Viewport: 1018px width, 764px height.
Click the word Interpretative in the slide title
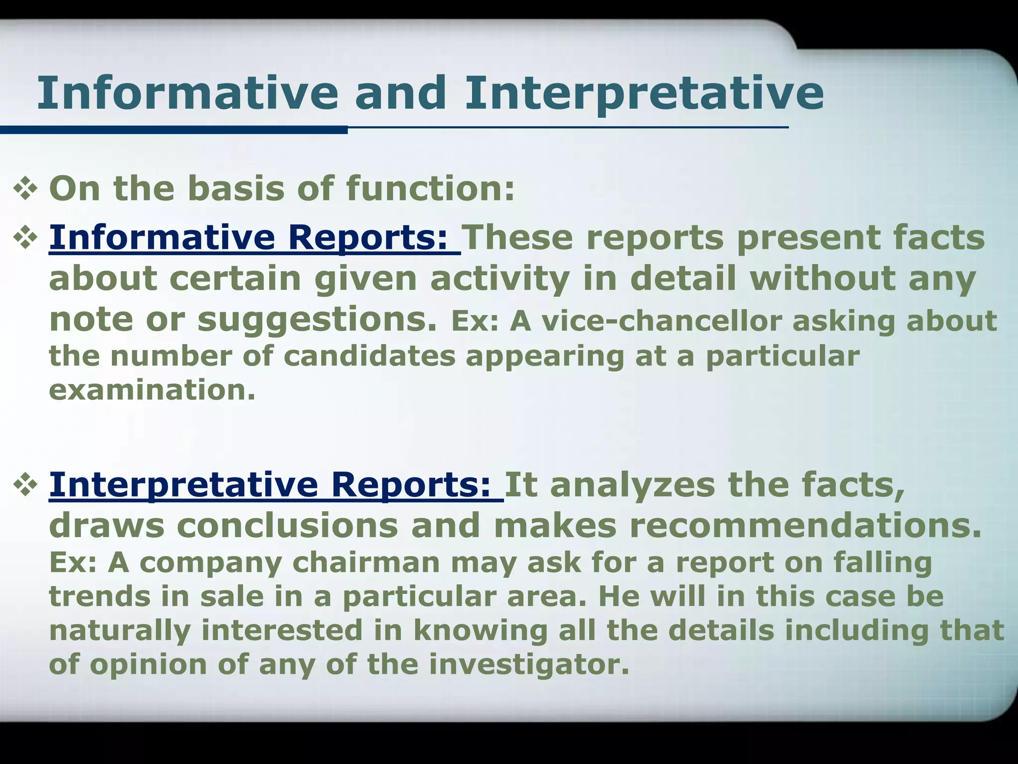(x=644, y=93)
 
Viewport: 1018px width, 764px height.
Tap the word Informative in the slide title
(x=187, y=93)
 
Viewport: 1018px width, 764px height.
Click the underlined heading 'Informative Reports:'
(x=254, y=238)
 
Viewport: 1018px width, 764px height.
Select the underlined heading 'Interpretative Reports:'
(x=276, y=485)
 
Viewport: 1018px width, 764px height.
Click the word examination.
(x=152, y=390)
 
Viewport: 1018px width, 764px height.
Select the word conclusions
(x=287, y=526)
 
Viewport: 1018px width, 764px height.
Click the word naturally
(x=120, y=630)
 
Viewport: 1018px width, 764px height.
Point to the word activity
(x=500, y=279)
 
